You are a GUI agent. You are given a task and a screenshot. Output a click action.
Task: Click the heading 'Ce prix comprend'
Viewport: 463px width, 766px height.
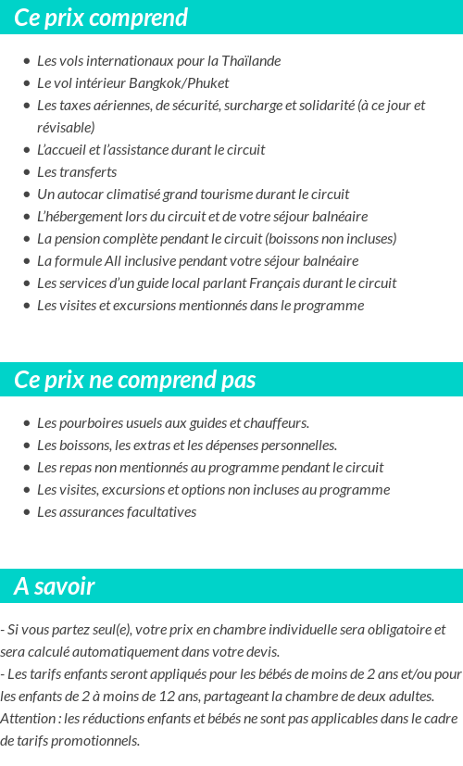101,18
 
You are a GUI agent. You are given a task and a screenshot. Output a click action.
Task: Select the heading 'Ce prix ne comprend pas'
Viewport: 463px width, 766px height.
135,381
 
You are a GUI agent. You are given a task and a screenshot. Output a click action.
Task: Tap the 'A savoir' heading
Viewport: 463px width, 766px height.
55,586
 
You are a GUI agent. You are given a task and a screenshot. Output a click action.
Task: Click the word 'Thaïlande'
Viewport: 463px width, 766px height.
251,61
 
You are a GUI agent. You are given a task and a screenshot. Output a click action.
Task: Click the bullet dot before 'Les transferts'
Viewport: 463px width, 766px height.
27,172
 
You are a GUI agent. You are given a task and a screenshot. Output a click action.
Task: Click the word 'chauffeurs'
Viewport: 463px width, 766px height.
277,423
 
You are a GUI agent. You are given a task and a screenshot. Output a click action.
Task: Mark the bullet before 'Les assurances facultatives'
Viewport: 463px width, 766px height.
27,512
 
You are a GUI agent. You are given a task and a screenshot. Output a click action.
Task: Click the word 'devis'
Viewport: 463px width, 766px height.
260,652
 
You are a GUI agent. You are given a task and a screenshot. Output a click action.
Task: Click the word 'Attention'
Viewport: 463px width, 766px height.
27,719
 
